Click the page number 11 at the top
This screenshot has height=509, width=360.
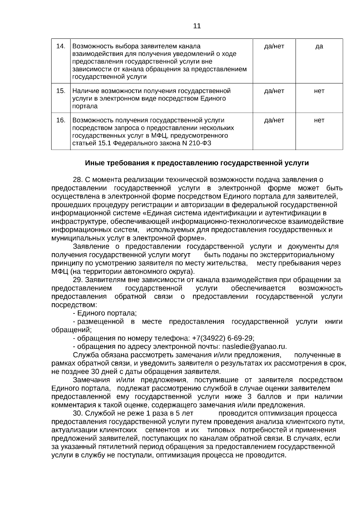[x=197, y=26]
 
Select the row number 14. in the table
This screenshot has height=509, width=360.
[x=61, y=46]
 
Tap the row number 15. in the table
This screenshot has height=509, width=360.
[x=61, y=91]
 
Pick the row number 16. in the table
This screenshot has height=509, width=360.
[x=61, y=120]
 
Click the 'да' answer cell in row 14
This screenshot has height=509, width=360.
[x=319, y=46]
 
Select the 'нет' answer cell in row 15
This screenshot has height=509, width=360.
[x=319, y=91]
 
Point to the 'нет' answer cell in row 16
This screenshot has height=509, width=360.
[x=319, y=120]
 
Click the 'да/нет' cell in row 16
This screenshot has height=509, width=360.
[x=274, y=120]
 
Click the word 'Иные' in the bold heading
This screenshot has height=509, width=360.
[x=93, y=163]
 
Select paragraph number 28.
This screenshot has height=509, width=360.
[x=78, y=180]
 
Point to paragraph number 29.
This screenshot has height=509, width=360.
[x=78, y=280]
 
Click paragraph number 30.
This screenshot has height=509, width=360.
[x=78, y=414]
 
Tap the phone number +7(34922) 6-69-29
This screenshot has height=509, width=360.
[x=223, y=338]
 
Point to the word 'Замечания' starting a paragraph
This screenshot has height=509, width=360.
[x=91, y=380]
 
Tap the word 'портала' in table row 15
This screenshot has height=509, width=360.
[x=85, y=106]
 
